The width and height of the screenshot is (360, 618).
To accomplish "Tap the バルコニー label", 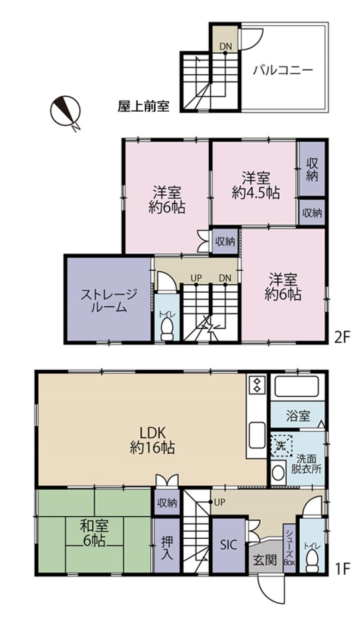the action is pyautogui.click(x=283, y=70).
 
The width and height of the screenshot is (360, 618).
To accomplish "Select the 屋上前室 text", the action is pyautogui.click(x=144, y=106).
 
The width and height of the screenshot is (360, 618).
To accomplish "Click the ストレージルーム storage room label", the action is pyautogui.click(x=109, y=300).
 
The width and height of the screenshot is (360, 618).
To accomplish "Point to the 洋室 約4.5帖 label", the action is pyautogui.click(x=256, y=185).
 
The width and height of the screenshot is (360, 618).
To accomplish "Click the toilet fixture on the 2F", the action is pyautogui.click(x=167, y=330).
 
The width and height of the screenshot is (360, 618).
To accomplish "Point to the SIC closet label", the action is pyautogui.click(x=229, y=545).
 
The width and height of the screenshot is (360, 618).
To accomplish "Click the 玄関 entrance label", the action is pyautogui.click(x=265, y=560).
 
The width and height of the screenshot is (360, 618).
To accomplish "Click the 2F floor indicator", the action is pyautogui.click(x=342, y=337).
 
